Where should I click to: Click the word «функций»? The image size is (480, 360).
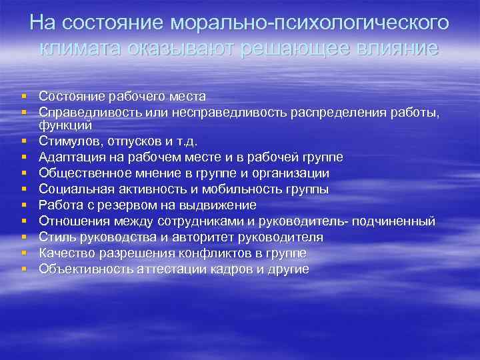(65, 125)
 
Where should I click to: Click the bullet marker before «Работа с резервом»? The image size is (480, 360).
(23, 205)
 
